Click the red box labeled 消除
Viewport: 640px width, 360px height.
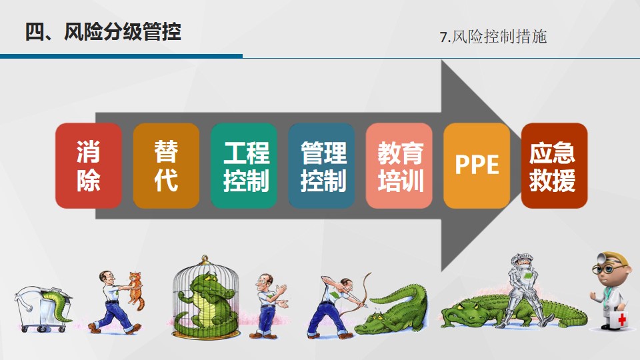[x=89, y=166]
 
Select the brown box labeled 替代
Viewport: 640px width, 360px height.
[x=166, y=166]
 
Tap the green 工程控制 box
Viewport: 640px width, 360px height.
[x=244, y=166]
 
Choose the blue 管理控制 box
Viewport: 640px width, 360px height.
[x=321, y=166]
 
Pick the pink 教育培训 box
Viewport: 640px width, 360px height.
[x=399, y=166]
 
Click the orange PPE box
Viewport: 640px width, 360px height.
[x=477, y=166]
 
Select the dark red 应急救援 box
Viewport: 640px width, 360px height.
[x=554, y=166]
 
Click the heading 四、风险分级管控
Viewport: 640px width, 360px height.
[x=103, y=31]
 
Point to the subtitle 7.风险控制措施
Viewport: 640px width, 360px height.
[x=493, y=37]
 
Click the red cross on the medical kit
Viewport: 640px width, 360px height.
[x=622, y=319]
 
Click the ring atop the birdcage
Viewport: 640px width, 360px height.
[x=205, y=259]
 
